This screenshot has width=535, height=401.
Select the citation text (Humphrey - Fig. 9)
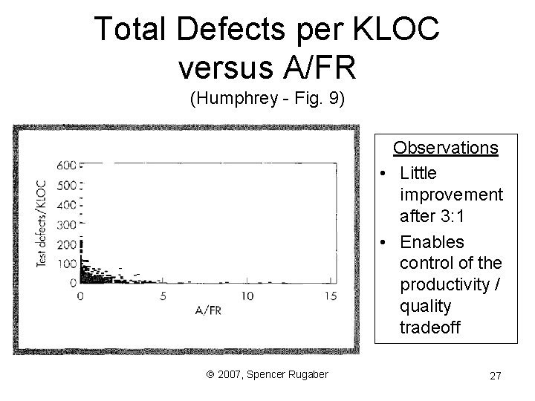click(x=267, y=100)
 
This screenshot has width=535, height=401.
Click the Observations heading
click(x=445, y=147)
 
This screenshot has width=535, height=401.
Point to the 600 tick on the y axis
click(x=67, y=165)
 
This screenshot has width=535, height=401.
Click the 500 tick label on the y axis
click(x=67, y=185)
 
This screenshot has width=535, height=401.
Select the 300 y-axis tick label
click(x=67, y=224)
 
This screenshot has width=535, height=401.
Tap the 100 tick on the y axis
click(x=67, y=264)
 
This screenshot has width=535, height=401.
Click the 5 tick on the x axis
click(x=163, y=296)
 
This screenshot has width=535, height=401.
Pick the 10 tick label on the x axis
click(x=247, y=296)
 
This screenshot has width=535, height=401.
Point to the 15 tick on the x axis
click(x=331, y=296)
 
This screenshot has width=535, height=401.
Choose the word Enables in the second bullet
click(x=431, y=242)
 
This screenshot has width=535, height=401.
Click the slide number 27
click(x=495, y=376)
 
